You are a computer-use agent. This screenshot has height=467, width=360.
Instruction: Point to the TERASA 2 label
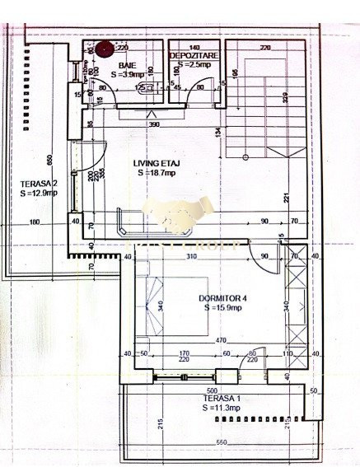coord(39,182)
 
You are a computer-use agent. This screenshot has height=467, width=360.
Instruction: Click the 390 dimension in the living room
coord(153,124)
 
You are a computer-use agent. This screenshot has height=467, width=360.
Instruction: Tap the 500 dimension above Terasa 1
coord(211,390)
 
